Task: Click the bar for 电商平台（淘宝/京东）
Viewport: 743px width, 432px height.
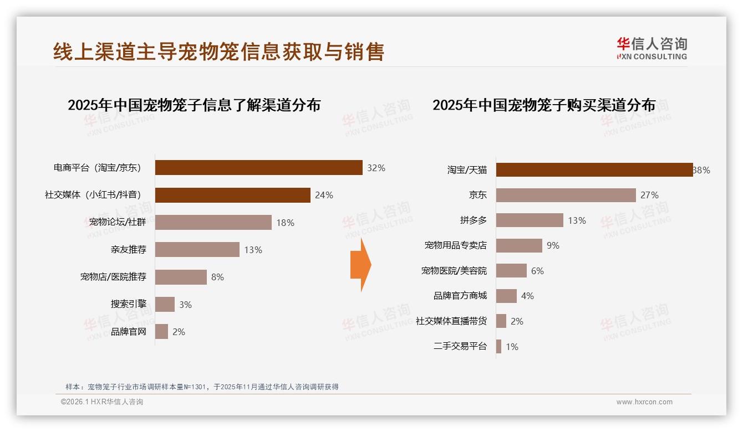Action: point(258,168)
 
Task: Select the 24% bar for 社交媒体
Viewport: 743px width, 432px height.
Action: point(232,195)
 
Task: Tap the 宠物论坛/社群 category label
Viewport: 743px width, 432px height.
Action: point(118,223)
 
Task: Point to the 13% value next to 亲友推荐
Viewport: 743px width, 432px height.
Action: point(253,250)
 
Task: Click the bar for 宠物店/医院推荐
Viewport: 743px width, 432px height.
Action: point(181,277)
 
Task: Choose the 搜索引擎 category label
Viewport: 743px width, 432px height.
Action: point(129,304)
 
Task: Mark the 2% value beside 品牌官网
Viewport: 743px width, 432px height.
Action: point(179,332)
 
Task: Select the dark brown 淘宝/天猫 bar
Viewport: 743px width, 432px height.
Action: point(594,170)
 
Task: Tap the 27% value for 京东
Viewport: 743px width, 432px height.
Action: point(649,195)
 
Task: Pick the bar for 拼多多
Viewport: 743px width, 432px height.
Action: point(530,220)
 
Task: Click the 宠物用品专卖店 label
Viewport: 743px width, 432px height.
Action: point(455,245)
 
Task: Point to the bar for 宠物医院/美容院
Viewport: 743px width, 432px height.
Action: point(511,271)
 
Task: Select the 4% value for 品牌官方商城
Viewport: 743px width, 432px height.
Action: point(527,296)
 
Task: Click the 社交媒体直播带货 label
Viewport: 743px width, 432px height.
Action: point(451,321)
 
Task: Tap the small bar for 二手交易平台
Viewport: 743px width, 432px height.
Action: point(498,347)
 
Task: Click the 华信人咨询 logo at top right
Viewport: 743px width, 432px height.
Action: point(652,49)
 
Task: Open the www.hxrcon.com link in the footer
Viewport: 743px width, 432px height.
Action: point(644,402)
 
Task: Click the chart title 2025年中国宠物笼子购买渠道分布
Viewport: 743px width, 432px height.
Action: point(544,105)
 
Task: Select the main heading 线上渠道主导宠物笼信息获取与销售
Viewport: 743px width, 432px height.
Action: point(218,52)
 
